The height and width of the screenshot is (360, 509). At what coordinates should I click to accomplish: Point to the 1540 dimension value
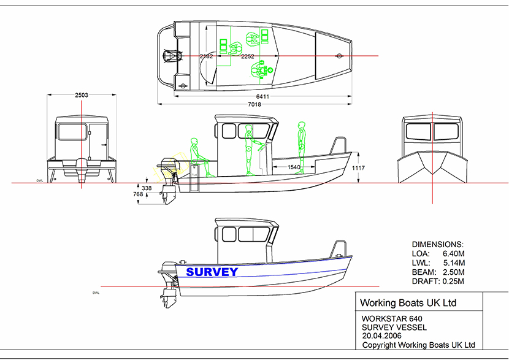(x=294, y=167)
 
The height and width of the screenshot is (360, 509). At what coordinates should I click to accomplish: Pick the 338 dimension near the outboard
(x=147, y=188)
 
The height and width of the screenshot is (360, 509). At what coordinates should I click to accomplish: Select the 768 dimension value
(x=138, y=194)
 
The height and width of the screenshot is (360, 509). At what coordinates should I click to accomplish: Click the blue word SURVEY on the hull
(x=212, y=272)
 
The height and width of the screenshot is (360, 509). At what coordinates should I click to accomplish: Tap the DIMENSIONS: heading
(x=437, y=243)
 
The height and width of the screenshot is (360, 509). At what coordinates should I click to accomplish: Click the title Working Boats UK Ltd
(x=408, y=303)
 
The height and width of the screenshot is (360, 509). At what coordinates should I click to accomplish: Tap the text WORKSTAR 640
(x=392, y=319)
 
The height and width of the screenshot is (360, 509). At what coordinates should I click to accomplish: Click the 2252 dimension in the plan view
(x=247, y=56)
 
